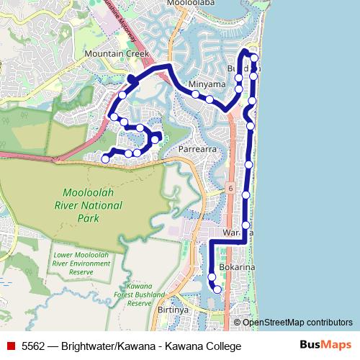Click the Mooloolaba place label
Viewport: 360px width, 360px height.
point(192,4)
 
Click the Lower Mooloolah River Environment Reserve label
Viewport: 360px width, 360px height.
point(82,264)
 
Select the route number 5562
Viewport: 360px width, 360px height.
point(34,346)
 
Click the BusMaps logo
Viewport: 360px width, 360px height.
point(325,346)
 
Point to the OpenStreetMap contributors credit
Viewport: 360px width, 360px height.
point(297,322)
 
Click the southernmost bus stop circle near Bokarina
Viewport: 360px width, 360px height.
point(217,289)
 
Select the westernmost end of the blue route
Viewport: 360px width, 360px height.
point(105,159)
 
